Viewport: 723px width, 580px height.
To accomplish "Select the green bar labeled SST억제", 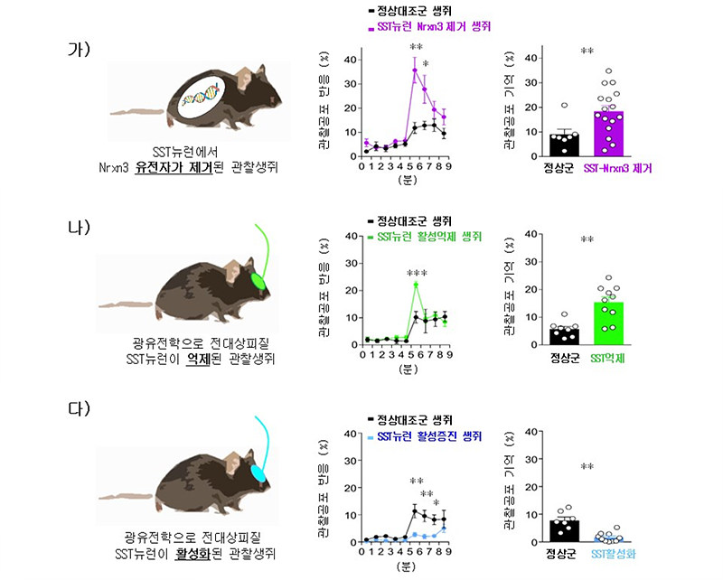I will (609, 323).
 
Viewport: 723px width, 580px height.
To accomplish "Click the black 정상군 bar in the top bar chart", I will (539, 144).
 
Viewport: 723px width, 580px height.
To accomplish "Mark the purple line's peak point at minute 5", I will (415, 70).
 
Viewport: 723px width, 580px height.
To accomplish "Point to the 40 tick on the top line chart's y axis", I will (352, 60).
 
